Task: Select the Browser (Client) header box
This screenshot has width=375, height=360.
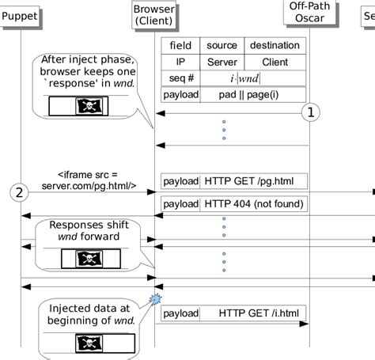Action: coord(154,13)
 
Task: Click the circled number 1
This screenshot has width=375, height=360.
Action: coord(311,113)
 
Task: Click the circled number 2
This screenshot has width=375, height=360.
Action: coord(20,191)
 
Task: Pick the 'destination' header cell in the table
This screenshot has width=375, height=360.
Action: coord(275,46)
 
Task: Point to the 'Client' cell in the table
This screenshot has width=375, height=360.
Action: coord(275,62)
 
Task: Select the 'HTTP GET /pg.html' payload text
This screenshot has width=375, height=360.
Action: coord(248,181)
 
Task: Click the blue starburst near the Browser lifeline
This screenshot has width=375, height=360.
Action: coord(155,299)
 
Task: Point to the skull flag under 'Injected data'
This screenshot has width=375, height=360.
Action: coord(86,342)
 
